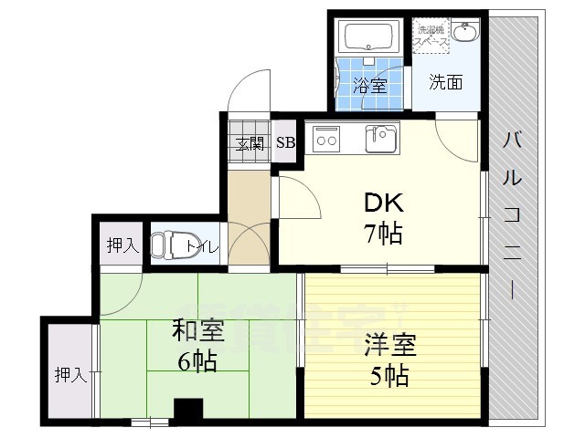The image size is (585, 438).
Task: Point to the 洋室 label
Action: pyautogui.click(x=390, y=346)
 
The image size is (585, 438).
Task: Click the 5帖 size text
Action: pyautogui.click(x=390, y=374)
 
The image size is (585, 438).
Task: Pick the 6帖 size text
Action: pyautogui.click(x=196, y=361)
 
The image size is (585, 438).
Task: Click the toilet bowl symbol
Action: pyautogui.click(x=165, y=245)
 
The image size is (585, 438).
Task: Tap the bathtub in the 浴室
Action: pyautogui.click(x=367, y=38)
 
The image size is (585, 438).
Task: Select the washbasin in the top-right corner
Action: pyautogui.click(x=465, y=34)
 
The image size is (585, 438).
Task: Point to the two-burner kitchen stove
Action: pyautogui.click(x=326, y=139)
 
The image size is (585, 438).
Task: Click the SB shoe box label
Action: pyautogui.click(x=285, y=142)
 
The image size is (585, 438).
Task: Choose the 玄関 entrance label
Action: pyautogui.click(x=250, y=142)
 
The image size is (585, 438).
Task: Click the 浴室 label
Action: pyautogui.click(x=369, y=87)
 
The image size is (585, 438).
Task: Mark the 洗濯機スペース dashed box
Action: pyautogui.click(x=431, y=36)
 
